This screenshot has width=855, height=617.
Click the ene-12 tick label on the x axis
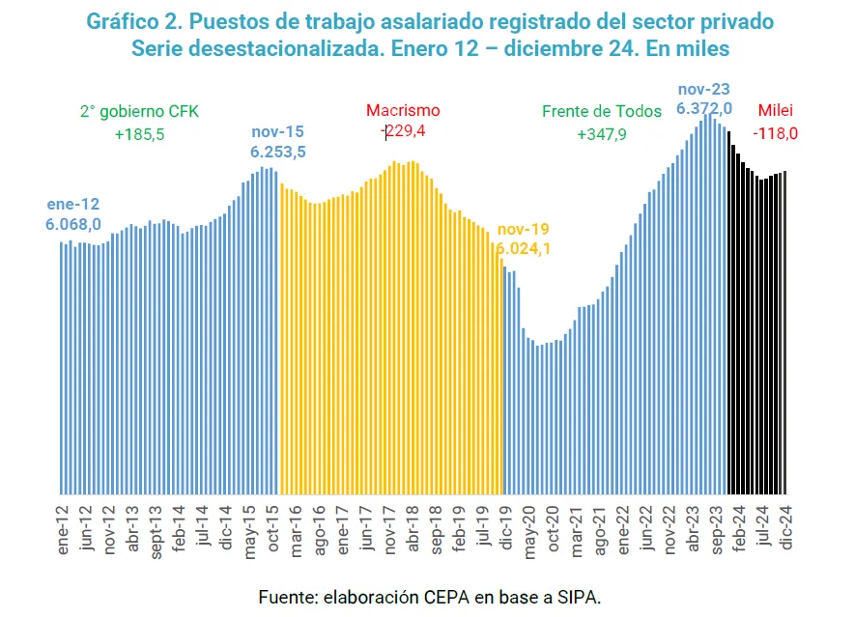point(63,526)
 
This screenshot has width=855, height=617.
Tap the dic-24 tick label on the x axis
point(785,526)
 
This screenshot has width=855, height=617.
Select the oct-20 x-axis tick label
point(553,527)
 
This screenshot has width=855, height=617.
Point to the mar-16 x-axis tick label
point(296,527)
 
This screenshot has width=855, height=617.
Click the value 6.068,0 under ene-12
point(73,224)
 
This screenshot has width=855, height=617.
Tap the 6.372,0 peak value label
point(704,108)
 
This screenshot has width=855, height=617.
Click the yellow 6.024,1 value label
point(525,249)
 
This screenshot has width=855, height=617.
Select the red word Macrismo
point(403,111)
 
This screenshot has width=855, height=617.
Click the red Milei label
point(777,110)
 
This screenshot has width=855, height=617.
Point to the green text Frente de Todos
point(602,111)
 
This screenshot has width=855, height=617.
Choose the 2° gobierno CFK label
point(139,111)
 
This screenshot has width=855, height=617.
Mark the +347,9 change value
point(602,134)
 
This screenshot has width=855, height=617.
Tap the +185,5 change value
point(139,134)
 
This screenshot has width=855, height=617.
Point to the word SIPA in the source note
point(580,598)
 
